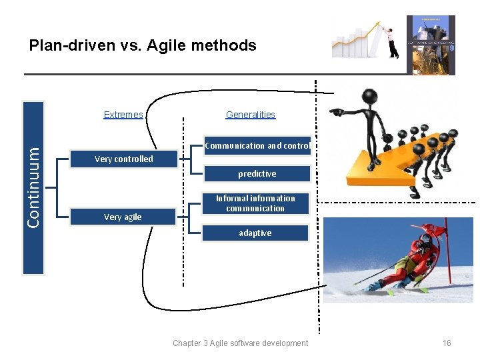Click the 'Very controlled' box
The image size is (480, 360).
tap(123, 159)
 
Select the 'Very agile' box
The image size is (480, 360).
tap(123, 217)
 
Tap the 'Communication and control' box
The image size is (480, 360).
tap(257, 145)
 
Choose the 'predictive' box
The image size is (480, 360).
tap(257, 174)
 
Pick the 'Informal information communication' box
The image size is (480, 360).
tap(255, 203)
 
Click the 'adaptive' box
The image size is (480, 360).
tap(255, 233)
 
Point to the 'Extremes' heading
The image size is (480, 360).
tap(123, 115)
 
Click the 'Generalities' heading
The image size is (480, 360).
tap(251, 115)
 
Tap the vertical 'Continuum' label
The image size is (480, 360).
tap(33, 187)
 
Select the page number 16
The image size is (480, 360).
tap(447, 343)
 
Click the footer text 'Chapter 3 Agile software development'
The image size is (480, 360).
tap(240, 343)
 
